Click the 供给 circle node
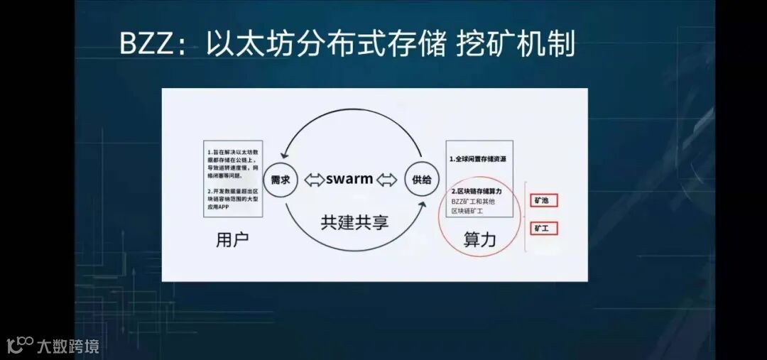pos(420,179)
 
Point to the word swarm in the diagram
pos(349,179)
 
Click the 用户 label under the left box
pos(232,240)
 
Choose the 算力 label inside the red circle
pos(479,240)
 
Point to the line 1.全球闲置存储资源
pos(477,158)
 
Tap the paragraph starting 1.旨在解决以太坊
pos(232,163)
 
